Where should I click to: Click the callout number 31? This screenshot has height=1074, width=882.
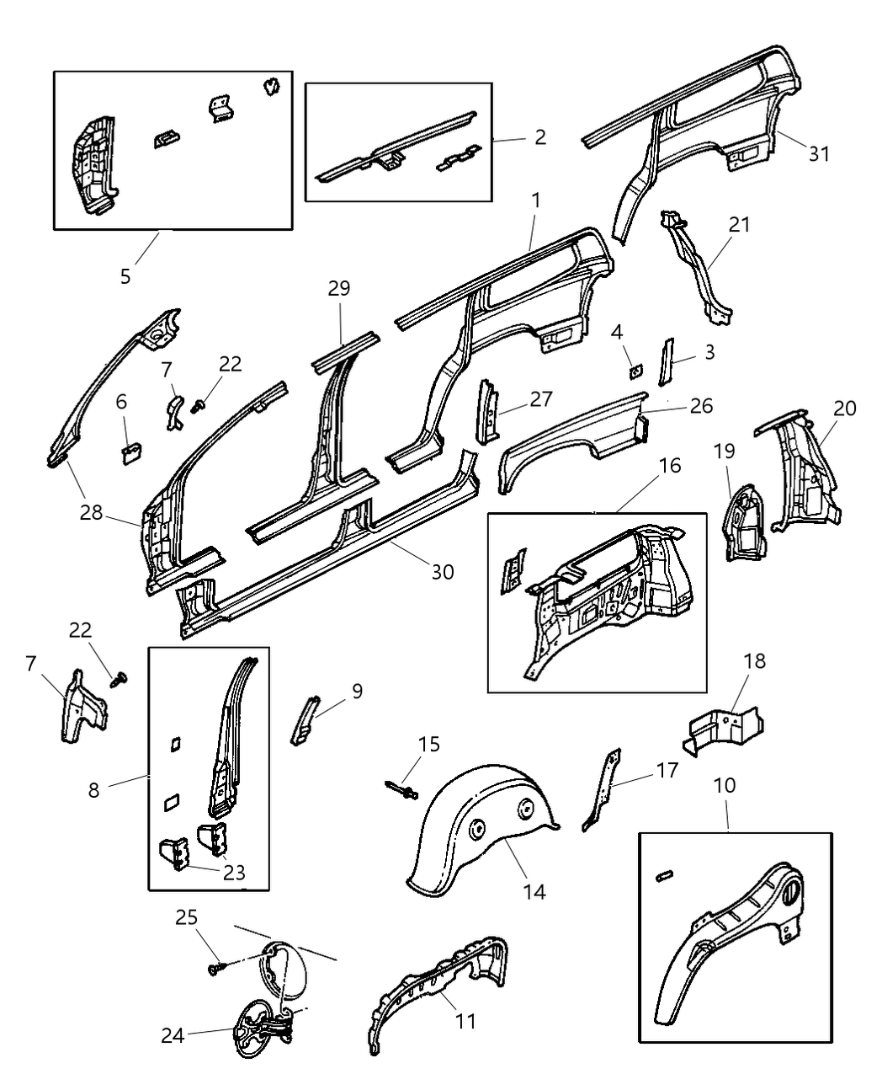point(819,154)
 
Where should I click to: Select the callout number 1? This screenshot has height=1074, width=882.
point(535,201)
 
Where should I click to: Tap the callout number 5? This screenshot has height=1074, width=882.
point(125,276)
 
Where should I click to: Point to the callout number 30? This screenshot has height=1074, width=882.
point(443,572)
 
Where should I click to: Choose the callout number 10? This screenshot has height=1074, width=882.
point(725,785)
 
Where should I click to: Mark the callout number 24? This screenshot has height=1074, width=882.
point(173,1036)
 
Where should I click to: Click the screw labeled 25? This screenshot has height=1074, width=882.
point(215,970)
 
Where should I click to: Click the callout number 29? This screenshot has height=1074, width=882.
point(339,289)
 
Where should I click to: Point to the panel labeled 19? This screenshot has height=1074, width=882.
point(744,522)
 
